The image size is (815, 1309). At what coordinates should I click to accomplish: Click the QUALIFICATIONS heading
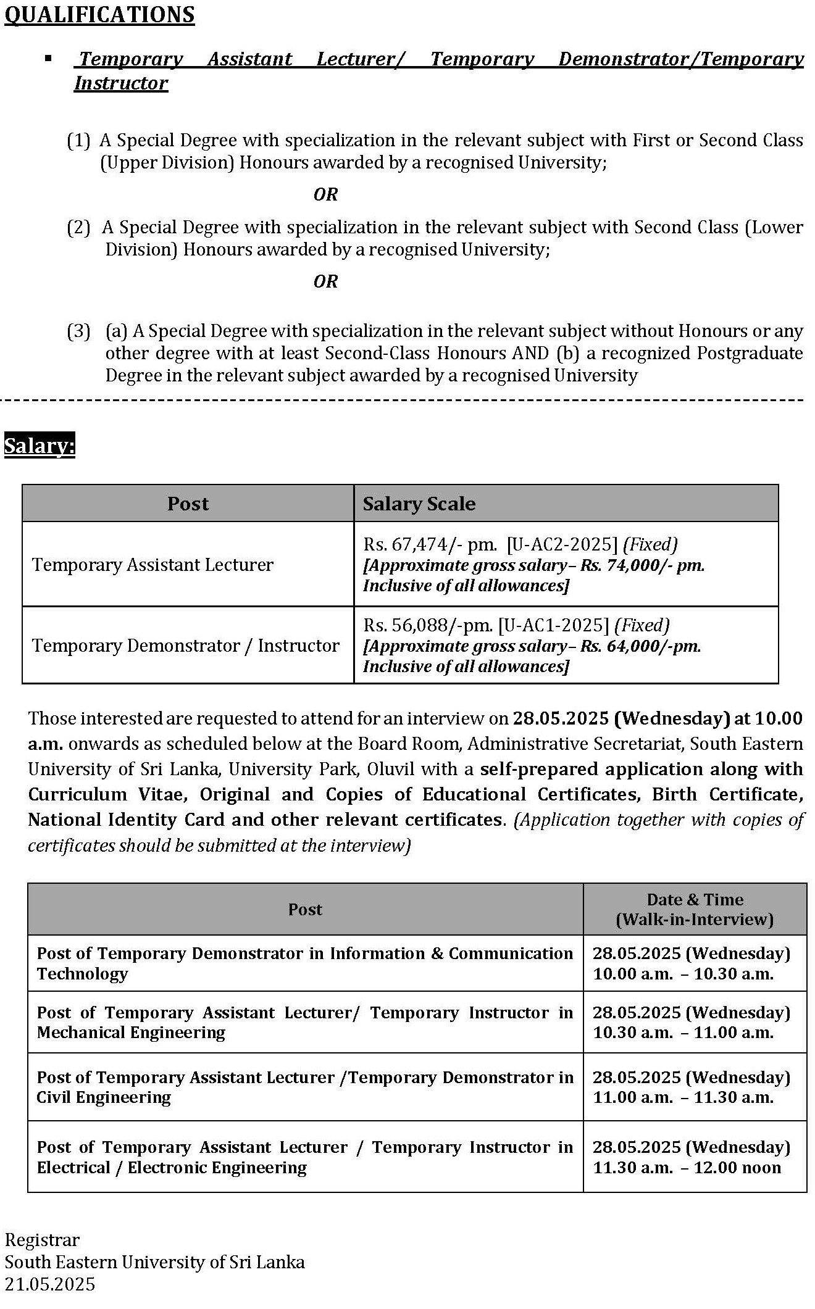tap(99, 14)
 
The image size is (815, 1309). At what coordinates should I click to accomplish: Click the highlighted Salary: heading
tap(40, 445)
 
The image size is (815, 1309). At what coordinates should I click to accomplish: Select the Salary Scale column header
tap(419, 504)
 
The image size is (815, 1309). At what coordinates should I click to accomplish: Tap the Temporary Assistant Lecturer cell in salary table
tap(153, 565)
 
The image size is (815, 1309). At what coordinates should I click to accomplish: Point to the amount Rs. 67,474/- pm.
tap(430, 544)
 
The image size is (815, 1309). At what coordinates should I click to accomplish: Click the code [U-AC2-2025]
tap(562, 544)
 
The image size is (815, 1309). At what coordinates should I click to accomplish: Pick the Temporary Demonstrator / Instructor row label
tap(186, 646)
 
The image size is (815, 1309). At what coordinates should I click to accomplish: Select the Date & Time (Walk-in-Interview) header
tap(695, 909)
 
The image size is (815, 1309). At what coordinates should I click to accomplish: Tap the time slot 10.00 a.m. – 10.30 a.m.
tap(683, 974)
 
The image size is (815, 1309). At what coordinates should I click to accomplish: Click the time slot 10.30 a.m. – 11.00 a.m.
tap(683, 1033)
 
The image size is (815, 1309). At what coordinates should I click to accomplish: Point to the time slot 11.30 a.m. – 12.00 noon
tap(687, 1168)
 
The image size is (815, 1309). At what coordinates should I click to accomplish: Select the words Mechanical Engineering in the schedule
tap(131, 1033)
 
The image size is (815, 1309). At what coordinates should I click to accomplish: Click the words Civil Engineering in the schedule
tap(104, 1097)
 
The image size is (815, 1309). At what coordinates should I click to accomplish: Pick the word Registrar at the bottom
tap(42, 1240)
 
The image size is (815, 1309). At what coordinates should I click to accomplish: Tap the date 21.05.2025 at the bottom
tap(50, 1284)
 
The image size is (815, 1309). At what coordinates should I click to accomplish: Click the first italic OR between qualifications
tap(325, 194)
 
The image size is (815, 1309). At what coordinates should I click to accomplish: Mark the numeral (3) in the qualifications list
tap(78, 331)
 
